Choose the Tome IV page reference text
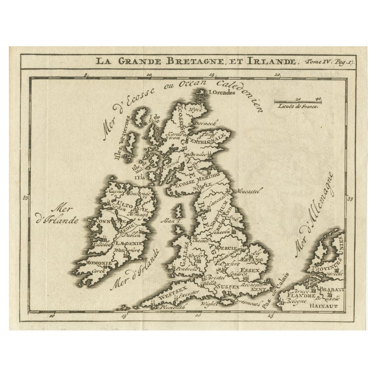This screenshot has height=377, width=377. [x=335, y=62]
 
